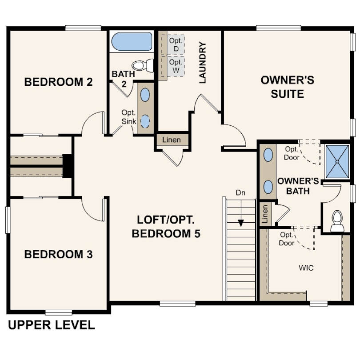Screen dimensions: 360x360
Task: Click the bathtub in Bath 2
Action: pyautogui.click(x=132, y=42)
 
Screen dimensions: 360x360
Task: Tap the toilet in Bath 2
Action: pyautogui.click(x=143, y=65)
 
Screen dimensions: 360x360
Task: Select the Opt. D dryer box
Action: pyautogui.click(x=176, y=44)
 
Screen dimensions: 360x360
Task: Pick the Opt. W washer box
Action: pyautogui.click(x=176, y=66)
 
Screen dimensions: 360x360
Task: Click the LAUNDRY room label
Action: pyautogui.click(x=203, y=63)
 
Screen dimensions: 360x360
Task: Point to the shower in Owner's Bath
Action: pyautogui.click(x=337, y=162)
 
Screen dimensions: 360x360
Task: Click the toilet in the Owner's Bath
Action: pyautogui.click(x=337, y=221)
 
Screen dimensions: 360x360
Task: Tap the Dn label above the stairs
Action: pyautogui.click(x=240, y=193)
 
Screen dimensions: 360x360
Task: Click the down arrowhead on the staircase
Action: pyautogui.click(x=241, y=223)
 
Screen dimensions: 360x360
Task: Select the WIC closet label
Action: pyautogui.click(x=306, y=268)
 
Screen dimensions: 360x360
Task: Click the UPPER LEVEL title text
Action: pyautogui.click(x=52, y=325)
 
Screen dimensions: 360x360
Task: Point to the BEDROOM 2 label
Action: pyautogui.click(x=58, y=82)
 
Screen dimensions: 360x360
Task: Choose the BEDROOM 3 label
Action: pyautogui.click(x=58, y=254)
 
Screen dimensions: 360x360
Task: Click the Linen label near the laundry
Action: pyautogui.click(x=172, y=140)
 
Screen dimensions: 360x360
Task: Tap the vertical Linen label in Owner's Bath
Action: pyautogui.click(x=265, y=214)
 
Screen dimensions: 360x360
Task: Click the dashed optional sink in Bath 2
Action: pyautogui.click(x=145, y=121)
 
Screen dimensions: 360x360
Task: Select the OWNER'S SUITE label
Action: pyautogui.click(x=288, y=87)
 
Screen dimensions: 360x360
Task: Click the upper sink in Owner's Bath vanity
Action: pyautogui.click(x=268, y=155)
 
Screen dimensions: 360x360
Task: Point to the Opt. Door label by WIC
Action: pyautogui.click(x=286, y=239)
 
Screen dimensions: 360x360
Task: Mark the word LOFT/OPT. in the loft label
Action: pyautogui.click(x=166, y=220)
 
